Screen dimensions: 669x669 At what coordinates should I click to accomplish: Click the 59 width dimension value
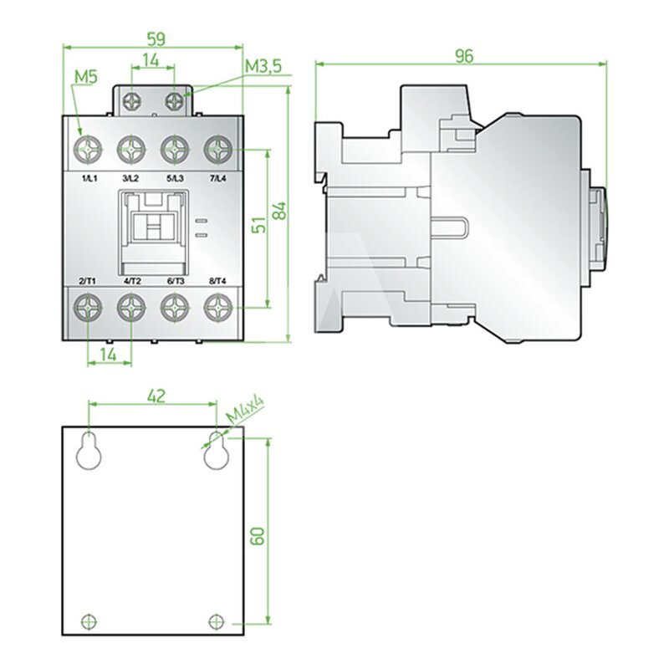156,39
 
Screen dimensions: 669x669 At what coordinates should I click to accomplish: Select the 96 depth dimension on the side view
464,56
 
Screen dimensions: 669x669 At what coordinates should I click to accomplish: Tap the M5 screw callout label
86,77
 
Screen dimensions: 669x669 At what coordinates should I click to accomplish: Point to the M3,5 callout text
263,67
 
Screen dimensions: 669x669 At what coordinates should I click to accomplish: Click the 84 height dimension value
280,210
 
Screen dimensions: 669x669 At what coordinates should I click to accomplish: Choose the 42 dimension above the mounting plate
156,396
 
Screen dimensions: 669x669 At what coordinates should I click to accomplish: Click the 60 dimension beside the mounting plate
258,536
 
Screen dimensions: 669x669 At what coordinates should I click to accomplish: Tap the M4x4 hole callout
245,409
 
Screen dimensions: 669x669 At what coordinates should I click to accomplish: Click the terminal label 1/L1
89,178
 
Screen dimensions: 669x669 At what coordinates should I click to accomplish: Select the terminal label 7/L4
218,178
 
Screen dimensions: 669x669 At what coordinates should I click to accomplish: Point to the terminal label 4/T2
132,281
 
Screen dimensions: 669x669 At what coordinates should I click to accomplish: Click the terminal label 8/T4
218,281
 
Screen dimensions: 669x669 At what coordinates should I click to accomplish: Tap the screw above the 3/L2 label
131,150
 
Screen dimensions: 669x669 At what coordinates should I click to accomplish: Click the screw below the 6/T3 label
175,308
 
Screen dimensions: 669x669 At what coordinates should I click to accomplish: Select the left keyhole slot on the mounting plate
89,451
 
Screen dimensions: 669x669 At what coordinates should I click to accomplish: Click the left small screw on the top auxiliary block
131,101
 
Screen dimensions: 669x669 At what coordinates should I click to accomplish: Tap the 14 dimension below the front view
110,354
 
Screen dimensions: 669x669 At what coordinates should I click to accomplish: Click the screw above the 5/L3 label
175,150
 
